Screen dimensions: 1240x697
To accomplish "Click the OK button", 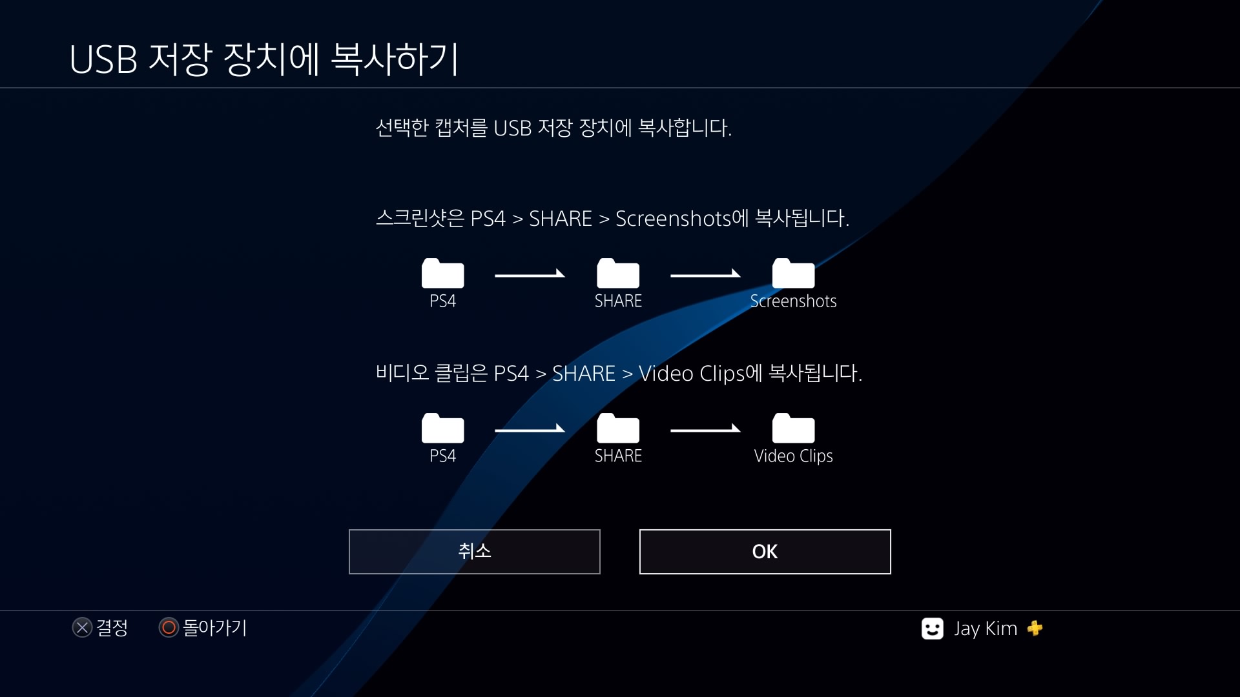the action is tap(765, 552).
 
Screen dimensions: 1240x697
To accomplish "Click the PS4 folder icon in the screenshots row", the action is tap(442, 274).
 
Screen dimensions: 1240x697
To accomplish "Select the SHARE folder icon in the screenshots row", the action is tap(618, 274).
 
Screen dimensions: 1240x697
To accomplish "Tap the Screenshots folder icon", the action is tap(793, 274).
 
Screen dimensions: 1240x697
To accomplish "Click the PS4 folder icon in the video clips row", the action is tap(442, 429).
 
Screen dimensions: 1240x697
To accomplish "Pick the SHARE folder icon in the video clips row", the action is tap(618, 429).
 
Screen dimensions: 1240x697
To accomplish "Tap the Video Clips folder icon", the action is tap(793, 429).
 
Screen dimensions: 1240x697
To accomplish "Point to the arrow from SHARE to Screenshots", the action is tap(705, 275).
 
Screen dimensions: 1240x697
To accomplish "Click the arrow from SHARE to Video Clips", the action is tap(705, 430).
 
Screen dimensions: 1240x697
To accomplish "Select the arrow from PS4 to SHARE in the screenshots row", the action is tap(530, 275).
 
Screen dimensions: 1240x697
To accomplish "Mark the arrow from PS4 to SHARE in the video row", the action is tap(530, 430).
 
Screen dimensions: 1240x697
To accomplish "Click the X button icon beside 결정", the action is tap(82, 627).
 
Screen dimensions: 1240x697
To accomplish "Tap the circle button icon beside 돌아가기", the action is tap(169, 627).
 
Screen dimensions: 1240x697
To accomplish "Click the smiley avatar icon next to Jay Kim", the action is tap(932, 629).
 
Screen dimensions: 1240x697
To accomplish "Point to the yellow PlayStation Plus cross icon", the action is tap(1035, 628).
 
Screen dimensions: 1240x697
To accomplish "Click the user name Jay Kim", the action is tap(986, 629).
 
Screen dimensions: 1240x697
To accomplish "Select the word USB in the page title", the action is tap(103, 60).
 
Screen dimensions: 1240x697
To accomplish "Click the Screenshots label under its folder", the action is tap(793, 301).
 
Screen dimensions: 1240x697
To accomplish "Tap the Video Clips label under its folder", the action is tap(793, 456).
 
